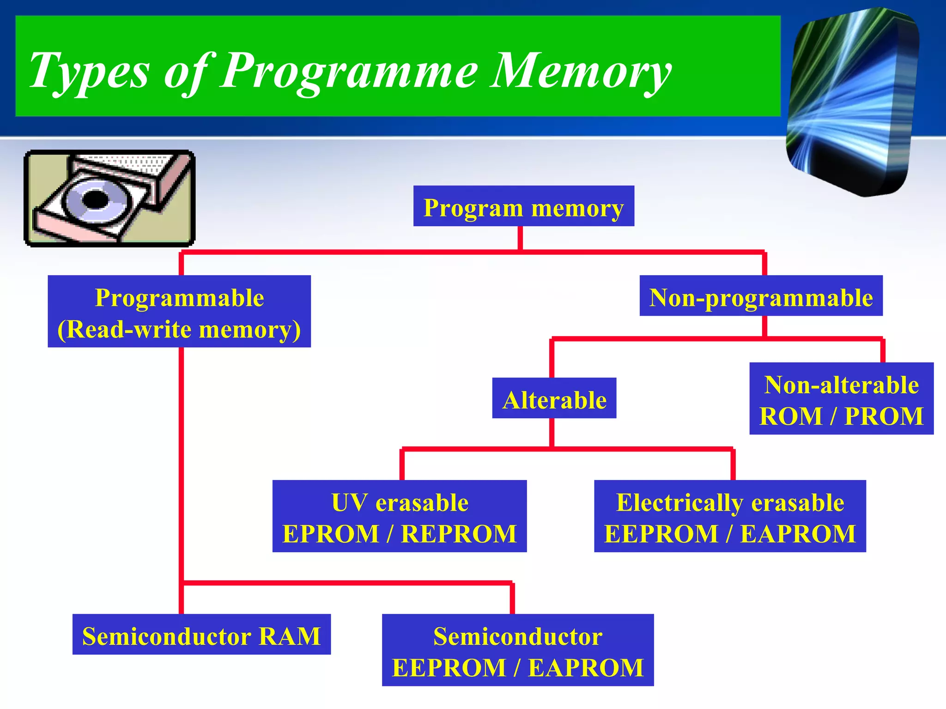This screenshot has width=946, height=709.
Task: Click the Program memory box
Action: tap(523, 206)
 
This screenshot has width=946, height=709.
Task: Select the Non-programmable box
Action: tap(761, 296)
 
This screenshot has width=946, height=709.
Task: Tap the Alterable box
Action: tap(554, 398)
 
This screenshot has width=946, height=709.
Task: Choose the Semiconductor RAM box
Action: tap(201, 635)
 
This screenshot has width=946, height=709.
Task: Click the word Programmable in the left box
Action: tap(179, 298)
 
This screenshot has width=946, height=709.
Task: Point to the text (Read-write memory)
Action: tap(179, 330)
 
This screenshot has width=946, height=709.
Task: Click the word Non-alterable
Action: tap(841, 385)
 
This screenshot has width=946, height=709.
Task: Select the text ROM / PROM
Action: tap(841, 416)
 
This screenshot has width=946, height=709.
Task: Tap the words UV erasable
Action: tap(400, 502)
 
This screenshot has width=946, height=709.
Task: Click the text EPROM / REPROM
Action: tap(400, 534)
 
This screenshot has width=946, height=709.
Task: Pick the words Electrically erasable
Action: tap(730, 502)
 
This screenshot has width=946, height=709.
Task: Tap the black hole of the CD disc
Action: tap(96, 200)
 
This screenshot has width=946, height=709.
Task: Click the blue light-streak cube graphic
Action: tap(852, 102)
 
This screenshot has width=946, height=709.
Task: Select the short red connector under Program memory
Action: tap(520, 238)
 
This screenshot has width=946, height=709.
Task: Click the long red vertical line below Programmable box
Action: tap(181, 462)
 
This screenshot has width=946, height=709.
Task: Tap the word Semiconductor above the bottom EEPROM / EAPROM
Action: tap(517, 636)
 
